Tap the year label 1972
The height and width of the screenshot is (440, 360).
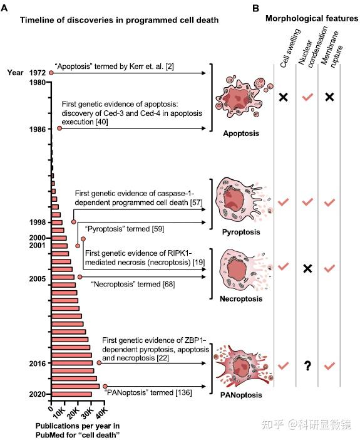coord(36,73)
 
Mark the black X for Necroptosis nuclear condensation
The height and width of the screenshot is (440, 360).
coord(307,268)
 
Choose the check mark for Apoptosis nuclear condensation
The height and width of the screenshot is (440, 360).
coord(307,97)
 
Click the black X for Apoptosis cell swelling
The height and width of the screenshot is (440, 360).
coord(284,97)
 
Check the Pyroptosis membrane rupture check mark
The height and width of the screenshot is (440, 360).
coord(330,202)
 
